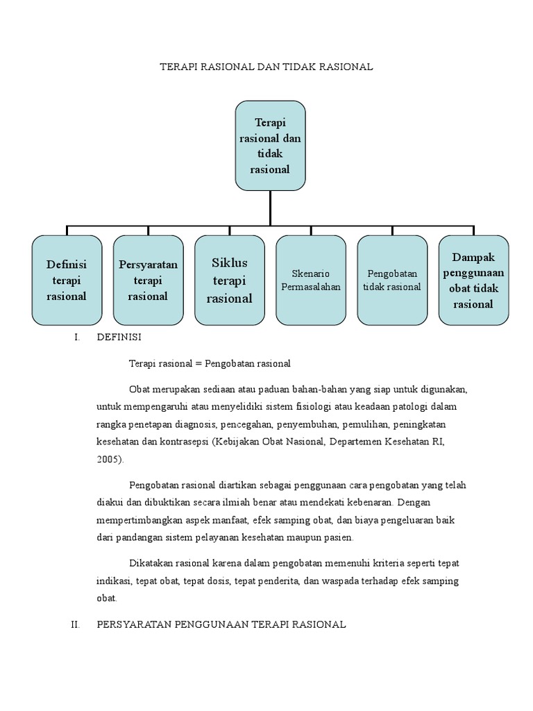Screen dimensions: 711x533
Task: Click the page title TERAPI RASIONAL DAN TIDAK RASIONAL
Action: pos(267,67)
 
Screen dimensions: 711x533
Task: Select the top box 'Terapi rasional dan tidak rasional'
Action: pos(270,145)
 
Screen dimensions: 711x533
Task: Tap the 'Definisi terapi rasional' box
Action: pos(67,280)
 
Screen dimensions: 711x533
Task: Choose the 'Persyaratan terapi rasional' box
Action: pos(148,280)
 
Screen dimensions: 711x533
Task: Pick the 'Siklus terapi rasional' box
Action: pos(230,280)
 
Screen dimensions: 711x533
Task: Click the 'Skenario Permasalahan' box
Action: pos(311,280)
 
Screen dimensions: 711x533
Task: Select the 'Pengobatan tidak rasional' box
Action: pos(392,280)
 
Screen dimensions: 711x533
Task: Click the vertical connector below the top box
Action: pos(270,208)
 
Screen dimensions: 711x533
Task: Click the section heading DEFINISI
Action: pos(119,337)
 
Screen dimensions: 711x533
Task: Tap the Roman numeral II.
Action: pos(76,625)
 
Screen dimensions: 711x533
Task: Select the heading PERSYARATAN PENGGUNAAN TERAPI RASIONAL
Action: pos(221,625)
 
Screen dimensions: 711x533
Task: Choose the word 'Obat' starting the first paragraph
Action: pos(139,389)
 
